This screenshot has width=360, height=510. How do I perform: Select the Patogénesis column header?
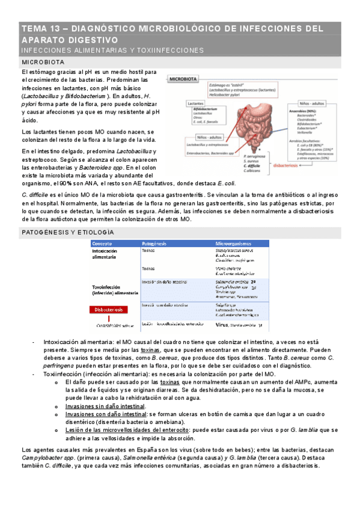(154, 243)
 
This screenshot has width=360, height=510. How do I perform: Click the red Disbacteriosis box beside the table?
(111, 309)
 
